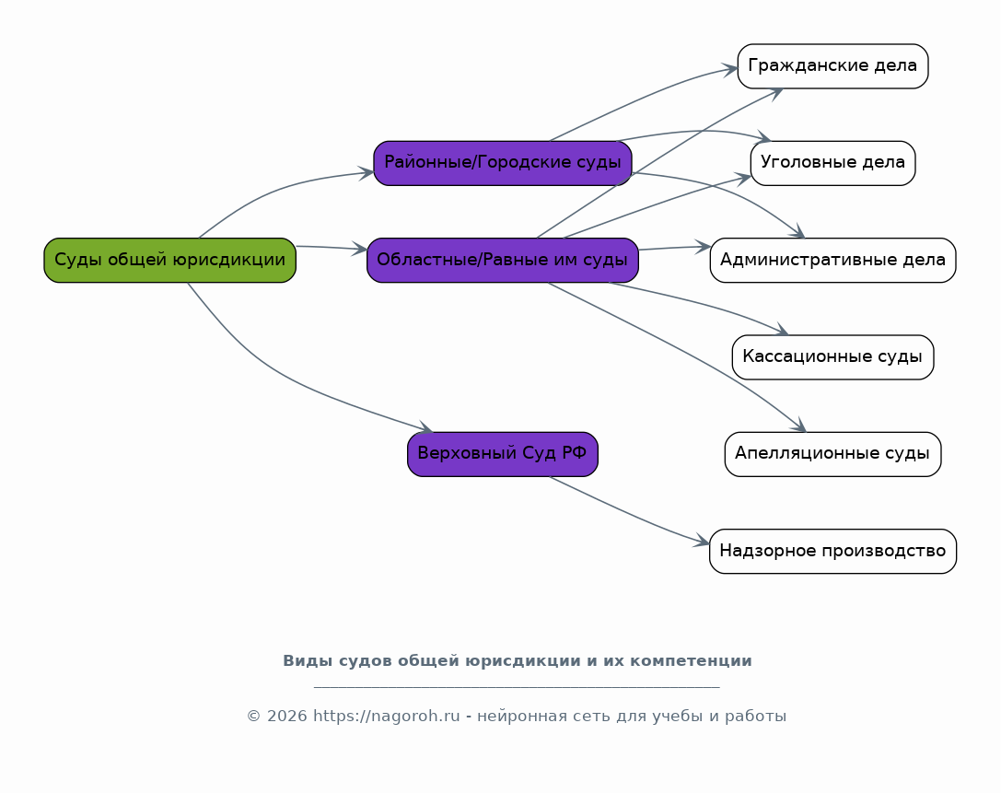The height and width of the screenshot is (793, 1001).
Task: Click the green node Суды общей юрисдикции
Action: click(x=169, y=261)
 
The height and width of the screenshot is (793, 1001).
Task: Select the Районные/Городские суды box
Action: click(x=502, y=163)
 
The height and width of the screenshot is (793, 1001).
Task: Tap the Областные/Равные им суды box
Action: click(x=502, y=261)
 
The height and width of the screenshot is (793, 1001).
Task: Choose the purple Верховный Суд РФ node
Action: click(x=502, y=454)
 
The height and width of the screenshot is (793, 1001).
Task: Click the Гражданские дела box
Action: click(x=832, y=66)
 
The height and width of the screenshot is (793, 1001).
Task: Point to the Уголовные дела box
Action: click(x=832, y=163)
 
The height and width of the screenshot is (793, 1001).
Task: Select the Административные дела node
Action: click(x=832, y=261)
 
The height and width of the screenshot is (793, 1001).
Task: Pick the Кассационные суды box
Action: click(x=832, y=357)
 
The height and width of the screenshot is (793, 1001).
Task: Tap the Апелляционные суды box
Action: click(x=832, y=454)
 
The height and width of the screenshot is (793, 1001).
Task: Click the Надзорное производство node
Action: click(x=832, y=552)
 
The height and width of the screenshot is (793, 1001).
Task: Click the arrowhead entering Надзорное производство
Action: click(x=703, y=542)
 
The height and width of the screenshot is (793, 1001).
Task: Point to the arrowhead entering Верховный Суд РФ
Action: click(x=425, y=428)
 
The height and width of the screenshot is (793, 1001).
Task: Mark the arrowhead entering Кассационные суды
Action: click(x=783, y=332)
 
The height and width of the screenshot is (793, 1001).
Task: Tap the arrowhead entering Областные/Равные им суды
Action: click(x=360, y=250)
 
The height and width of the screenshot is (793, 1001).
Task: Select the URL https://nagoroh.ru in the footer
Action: click(x=386, y=717)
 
